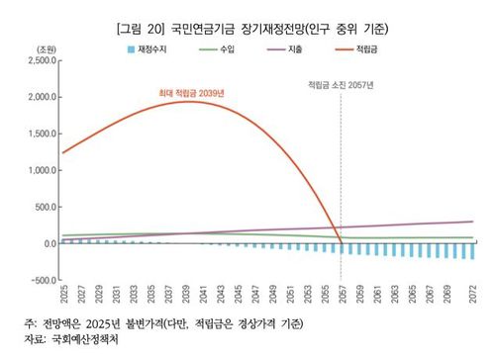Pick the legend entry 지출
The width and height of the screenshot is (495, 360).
coord(286,46)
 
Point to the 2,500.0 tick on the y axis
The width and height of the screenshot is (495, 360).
coord(37,60)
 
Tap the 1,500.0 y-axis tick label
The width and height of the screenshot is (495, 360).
coord(37,134)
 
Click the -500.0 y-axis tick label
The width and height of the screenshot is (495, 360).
coord(39,280)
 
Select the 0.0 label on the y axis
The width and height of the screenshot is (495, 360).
coord(45,243)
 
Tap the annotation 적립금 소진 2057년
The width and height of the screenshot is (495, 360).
coord(341,84)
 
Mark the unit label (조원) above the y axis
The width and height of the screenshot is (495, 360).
coord(46,47)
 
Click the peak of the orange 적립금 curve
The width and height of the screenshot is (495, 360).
coord(186,102)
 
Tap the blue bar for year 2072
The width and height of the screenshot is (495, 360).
coord(472,251)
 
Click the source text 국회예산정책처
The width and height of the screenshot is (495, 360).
coord(90,340)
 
